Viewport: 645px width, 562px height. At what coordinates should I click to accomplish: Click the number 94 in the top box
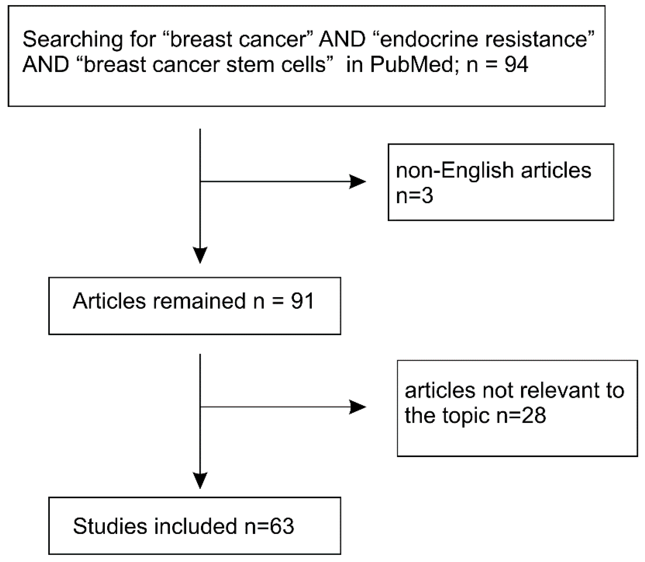(x=516, y=65)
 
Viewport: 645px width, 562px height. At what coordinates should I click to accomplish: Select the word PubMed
(x=411, y=65)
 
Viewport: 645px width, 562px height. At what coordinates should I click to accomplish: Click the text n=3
(x=414, y=196)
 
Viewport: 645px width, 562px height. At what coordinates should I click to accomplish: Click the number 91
(x=302, y=301)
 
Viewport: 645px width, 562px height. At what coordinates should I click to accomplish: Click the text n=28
(x=521, y=416)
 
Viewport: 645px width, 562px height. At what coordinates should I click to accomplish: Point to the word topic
(x=466, y=416)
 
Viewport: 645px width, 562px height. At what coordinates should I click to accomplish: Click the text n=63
(x=269, y=526)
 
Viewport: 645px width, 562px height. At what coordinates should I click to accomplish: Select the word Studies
(x=110, y=526)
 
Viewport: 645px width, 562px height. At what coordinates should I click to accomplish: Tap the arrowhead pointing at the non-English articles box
(x=357, y=182)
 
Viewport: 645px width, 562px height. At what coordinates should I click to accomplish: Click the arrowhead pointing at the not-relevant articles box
(x=357, y=407)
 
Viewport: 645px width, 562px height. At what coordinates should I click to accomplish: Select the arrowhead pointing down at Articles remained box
(x=200, y=255)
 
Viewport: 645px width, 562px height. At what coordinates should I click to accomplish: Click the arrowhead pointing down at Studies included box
(x=200, y=480)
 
